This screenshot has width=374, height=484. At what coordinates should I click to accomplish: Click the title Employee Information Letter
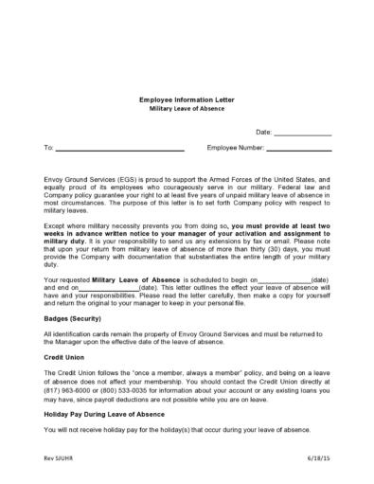(187, 99)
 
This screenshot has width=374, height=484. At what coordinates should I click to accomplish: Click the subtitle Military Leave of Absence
(187, 109)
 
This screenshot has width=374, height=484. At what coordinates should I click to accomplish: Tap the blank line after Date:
(302, 134)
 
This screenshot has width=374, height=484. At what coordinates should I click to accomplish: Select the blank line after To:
(119, 150)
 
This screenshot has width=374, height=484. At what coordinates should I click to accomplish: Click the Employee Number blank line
(298, 150)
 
